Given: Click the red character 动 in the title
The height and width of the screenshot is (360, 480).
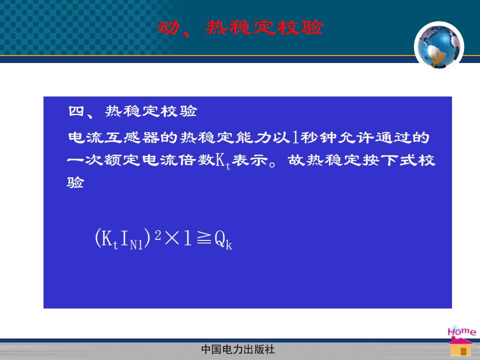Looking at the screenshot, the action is pyautogui.click(x=168, y=28).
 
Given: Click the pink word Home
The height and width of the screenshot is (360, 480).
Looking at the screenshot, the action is pyautogui.click(x=461, y=331).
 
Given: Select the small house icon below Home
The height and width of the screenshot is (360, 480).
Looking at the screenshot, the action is pyautogui.click(x=460, y=346).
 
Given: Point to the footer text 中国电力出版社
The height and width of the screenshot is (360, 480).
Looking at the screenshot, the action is pyautogui.click(x=238, y=349).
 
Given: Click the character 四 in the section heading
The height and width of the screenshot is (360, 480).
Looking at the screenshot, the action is pyautogui.click(x=76, y=111).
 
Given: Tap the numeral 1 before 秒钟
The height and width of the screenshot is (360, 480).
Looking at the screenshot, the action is pyautogui.click(x=295, y=137).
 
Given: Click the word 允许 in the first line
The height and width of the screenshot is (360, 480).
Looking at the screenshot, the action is pyautogui.click(x=356, y=137).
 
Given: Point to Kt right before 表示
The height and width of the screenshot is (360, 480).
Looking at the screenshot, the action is pyautogui.click(x=223, y=160).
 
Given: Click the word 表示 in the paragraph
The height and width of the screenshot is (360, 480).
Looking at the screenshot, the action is pyautogui.click(x=250, y=160).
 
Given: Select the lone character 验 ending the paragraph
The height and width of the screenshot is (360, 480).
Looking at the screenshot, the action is pyautogui.click(x=75, y=182).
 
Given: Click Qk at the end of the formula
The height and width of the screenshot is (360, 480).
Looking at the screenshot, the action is pyautogui.click(x=223, y=240).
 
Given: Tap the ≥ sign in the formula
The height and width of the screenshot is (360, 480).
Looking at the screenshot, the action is pyautogui.click(x=204, y=237).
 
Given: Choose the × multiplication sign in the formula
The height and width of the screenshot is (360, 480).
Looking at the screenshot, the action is pyautogui.click(x=171, y=238).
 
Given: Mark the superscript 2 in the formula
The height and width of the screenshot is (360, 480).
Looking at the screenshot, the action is pyautogui.click(x=158, y=235).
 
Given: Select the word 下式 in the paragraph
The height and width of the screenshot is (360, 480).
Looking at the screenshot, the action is pyautogui.click(x=398, y=160).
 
